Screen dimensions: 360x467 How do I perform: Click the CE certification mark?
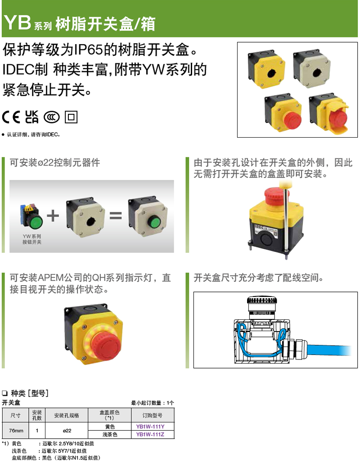(11, 117)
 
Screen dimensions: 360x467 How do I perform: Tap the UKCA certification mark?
(31, 117)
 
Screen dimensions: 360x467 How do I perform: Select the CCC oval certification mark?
(52, 117)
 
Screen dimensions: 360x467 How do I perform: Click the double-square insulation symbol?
(71, 117)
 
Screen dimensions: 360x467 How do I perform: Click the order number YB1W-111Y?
(150, 427)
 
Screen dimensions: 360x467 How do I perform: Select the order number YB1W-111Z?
(150, 435)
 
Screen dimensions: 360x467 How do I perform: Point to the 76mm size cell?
(16, 431)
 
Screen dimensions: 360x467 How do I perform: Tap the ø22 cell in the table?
(67, 431)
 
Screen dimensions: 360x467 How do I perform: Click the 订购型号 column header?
(152, 415)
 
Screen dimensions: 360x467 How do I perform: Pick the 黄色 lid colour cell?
(110, 427)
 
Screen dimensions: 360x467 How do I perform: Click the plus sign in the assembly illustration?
(53, 216)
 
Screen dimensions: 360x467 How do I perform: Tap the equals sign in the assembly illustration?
(116, 216)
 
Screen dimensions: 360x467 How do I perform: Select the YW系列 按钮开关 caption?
(32, 239)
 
